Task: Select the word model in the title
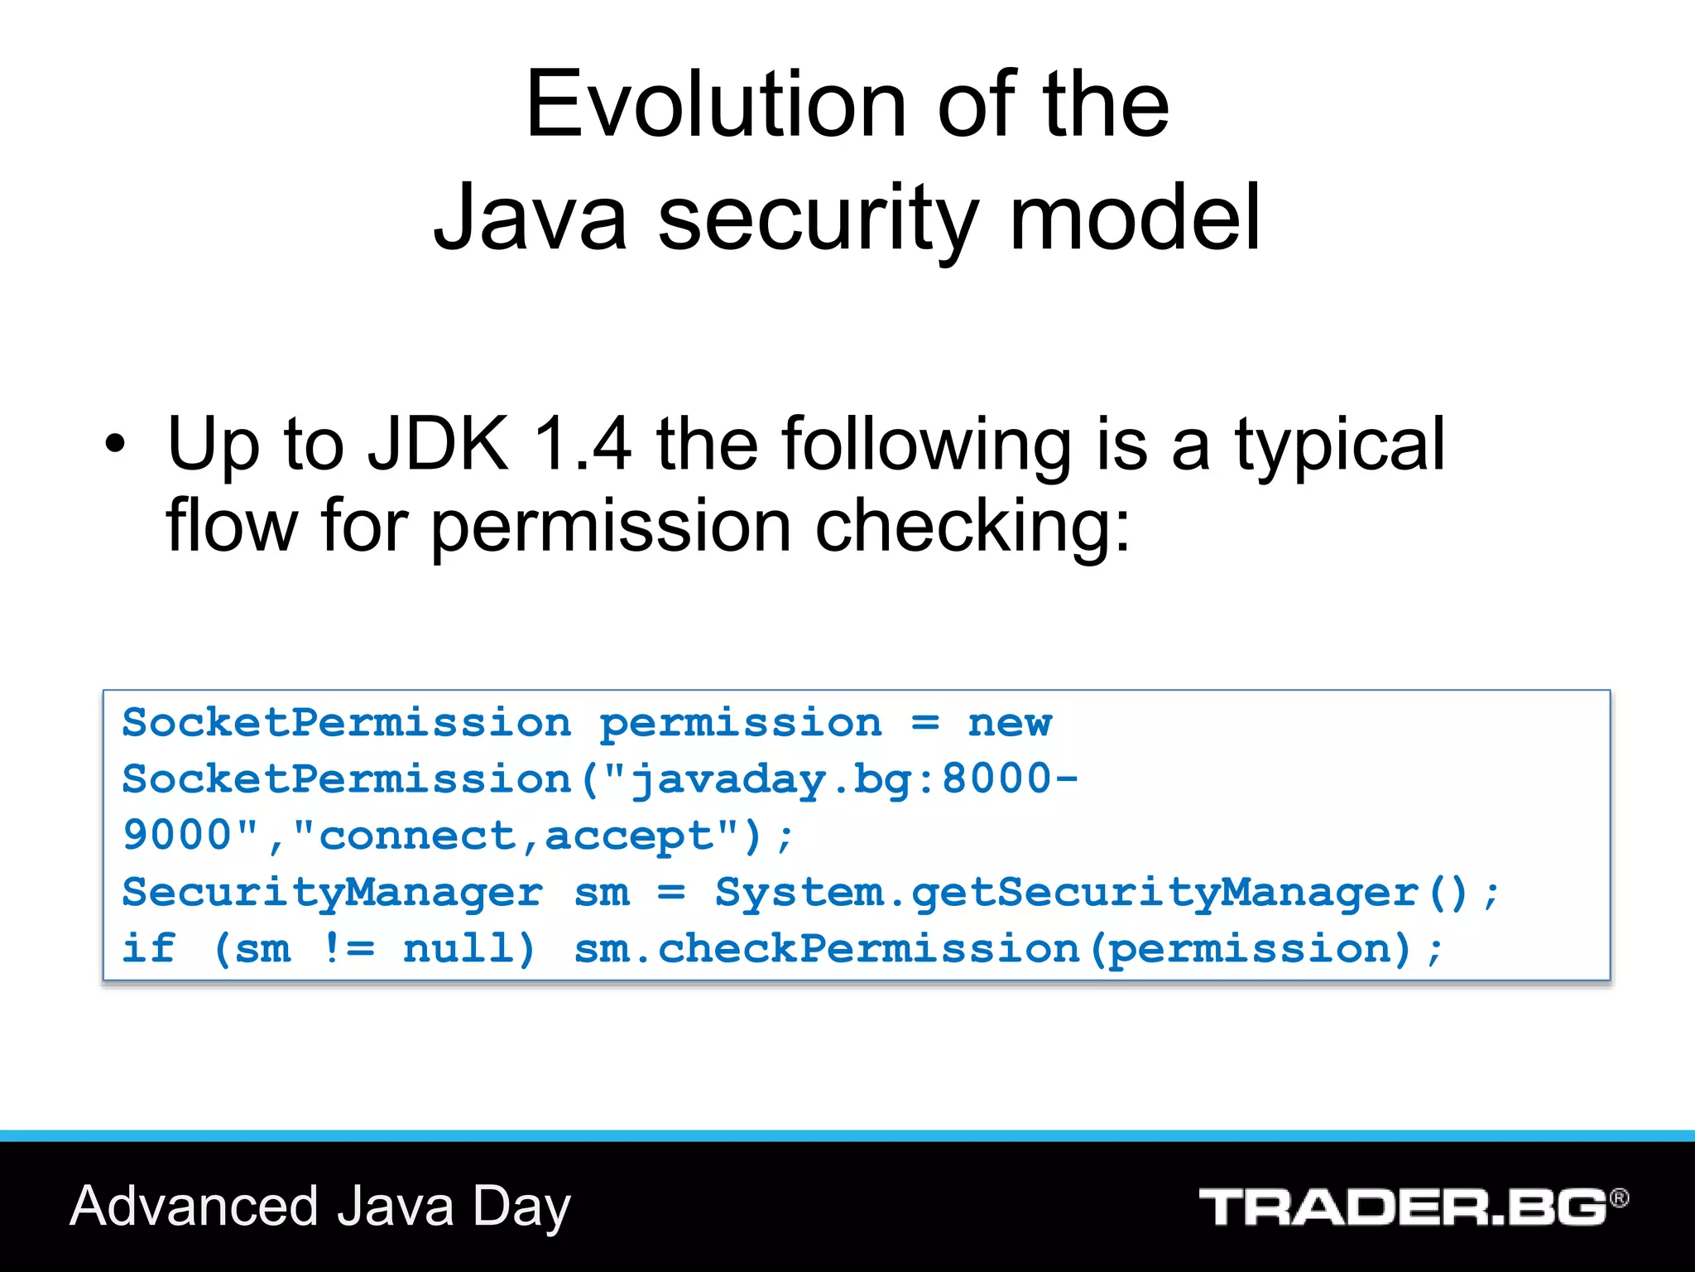point(1135,218)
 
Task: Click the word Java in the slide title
point(531,218)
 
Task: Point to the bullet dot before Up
point(115,446)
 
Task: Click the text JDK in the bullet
point(438,445)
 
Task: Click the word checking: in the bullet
point(972,527)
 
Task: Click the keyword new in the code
point(1010,723)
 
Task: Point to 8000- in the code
point(1010,779)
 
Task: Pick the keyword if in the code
point(149,948)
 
